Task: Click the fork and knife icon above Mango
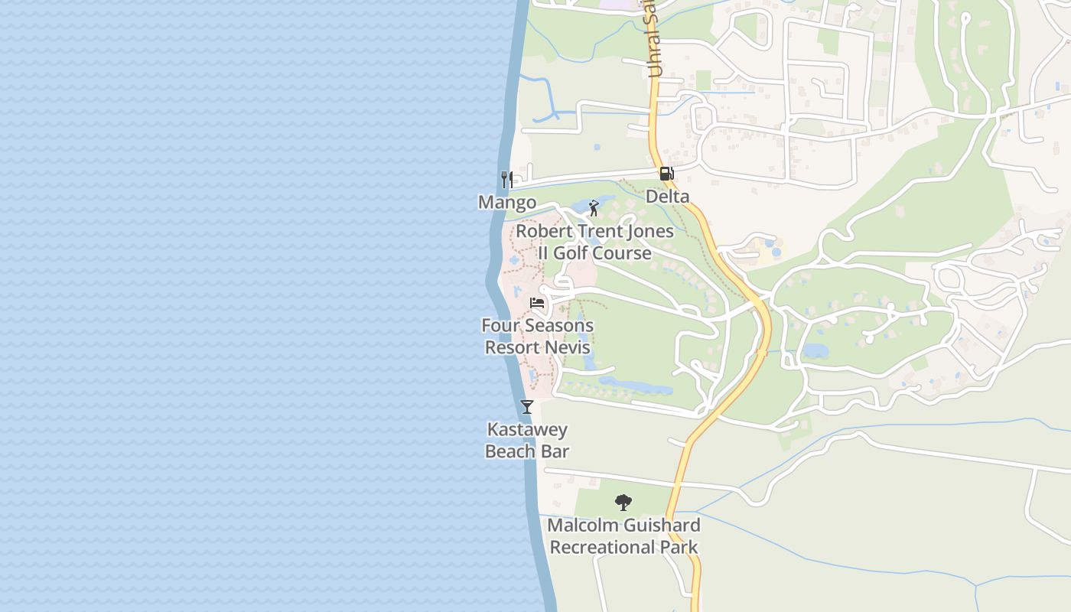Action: tap(506, 180)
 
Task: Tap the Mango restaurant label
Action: tap(507, 203)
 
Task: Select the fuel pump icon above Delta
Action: tap(667, 174)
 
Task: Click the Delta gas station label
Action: tap(668, 197)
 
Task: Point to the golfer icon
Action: tap(594, 208)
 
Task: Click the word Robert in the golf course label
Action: tap(542, 231)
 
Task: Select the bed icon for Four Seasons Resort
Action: tap(537, 303)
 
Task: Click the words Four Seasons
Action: tap(537, 326)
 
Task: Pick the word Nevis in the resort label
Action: tap(568, 347)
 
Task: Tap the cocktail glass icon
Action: tap(527, 406)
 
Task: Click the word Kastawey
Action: tap(527, 429)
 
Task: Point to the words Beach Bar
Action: tap(527, 451)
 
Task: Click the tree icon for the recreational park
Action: tap(623, 503)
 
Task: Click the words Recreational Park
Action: tap(623, 548)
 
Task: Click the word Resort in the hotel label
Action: tap(512, 347)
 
